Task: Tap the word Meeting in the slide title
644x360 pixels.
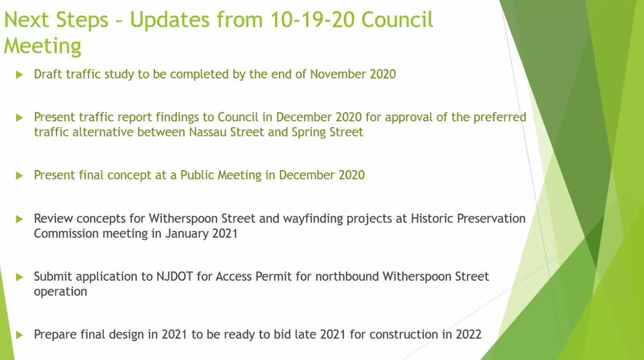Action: (x=43, y=46)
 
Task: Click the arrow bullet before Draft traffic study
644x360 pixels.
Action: (x=20, y=75)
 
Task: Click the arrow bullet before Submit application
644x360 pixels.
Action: (x=20, y=277)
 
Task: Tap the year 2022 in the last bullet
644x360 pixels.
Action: (x=467, y=335)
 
